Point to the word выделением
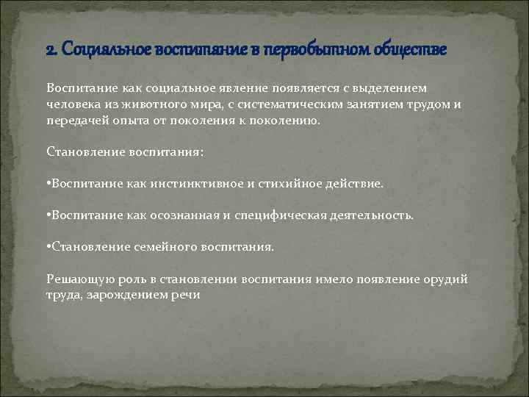click(392, 88)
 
